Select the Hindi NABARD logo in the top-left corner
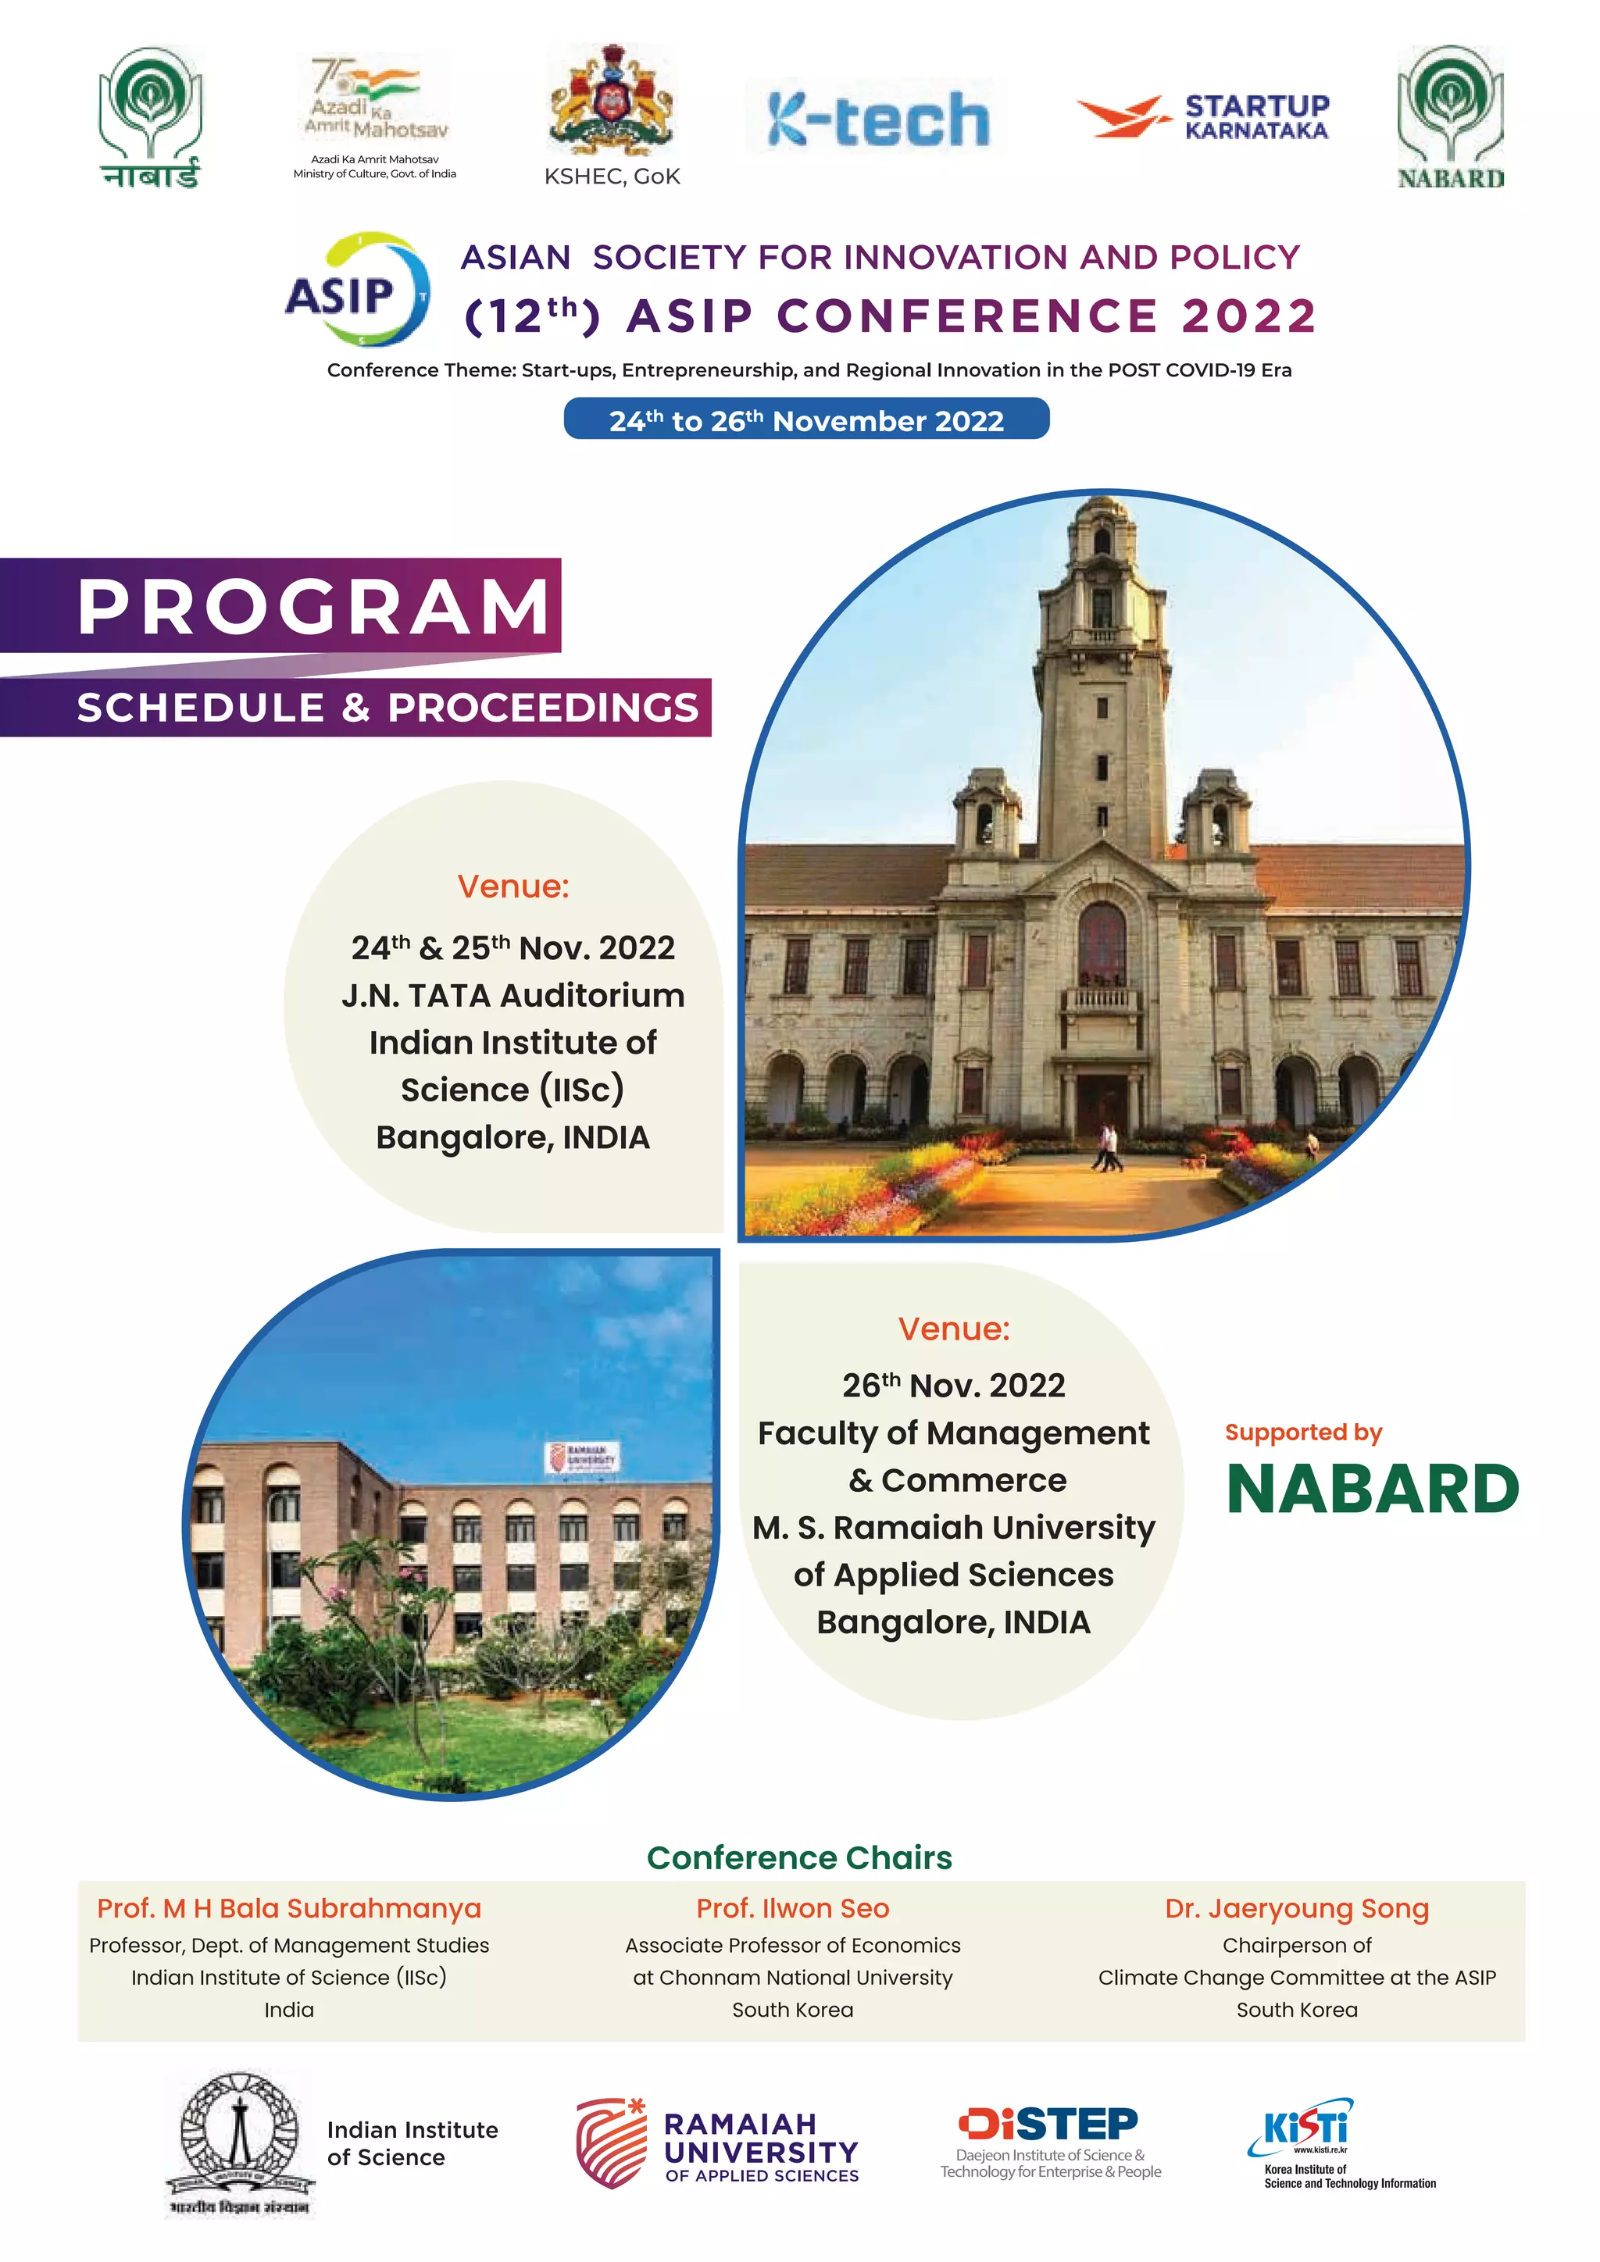pos(150,116)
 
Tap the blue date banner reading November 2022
pos(806,419)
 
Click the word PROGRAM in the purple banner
pos(313,606)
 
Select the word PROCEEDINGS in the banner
pos(543,708)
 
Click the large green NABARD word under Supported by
pos(1373,1489)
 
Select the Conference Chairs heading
pos(799,1858)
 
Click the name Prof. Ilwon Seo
pos(792,1908)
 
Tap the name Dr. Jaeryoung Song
pos(1297,1908)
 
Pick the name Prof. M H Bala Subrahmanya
pos(288,1908)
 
